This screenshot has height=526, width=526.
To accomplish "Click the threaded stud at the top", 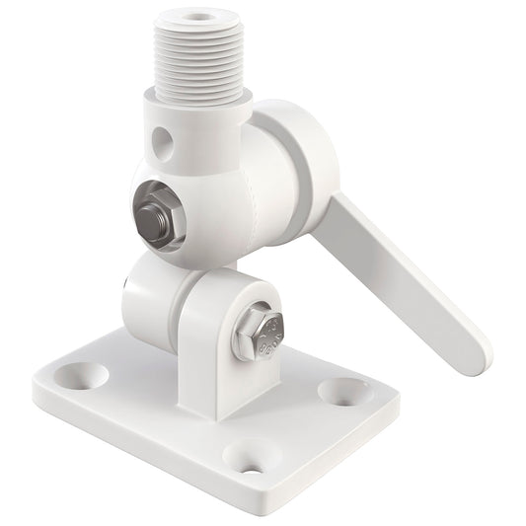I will coord(198,55).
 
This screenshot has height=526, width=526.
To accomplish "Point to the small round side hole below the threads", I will coord(163,144).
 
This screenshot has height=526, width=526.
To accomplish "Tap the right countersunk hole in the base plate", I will coord(343,391).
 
